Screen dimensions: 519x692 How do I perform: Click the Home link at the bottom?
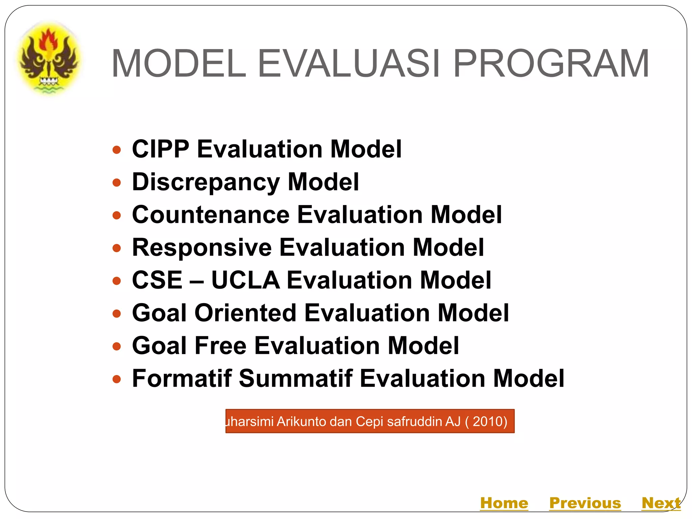tap(504, 503)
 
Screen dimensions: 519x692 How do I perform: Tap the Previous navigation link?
tap(585, 503)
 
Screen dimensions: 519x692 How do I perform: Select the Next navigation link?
tap(661, 503)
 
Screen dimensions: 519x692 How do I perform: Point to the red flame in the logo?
tap(49, 39)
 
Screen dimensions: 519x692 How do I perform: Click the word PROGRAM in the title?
tap(551, 64)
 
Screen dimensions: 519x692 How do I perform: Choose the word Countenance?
tap(211, 215)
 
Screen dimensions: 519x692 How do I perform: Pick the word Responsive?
tap(202, 247)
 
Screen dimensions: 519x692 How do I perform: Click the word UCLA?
tap(245, 280)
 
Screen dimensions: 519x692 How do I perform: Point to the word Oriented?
tap(245, 313)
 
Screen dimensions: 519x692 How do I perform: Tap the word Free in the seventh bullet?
tap(220, 346)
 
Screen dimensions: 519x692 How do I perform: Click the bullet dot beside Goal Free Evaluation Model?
tap(117, 346)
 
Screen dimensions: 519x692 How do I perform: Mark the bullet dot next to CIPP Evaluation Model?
tap(117, 150)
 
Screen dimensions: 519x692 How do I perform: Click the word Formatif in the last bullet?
tap(182, 378)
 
